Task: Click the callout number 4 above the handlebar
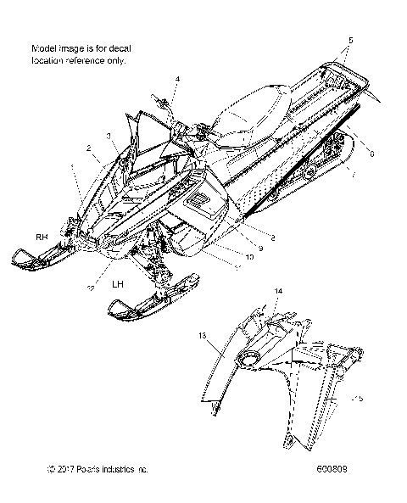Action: [178, 80]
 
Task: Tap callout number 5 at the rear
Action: [351, 40]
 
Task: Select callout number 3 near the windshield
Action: [109, 136]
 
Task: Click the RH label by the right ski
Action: [42, 237]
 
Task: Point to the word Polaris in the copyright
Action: [99, 468]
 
